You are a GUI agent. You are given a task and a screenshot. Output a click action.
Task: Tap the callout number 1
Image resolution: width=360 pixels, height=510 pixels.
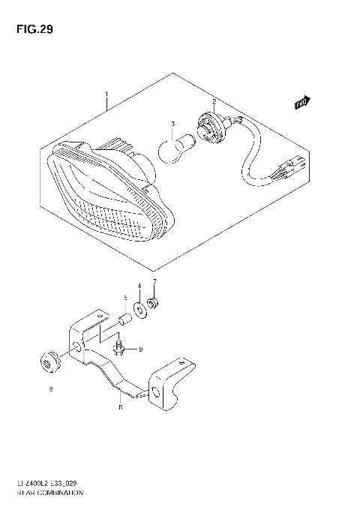(x=106, y=95)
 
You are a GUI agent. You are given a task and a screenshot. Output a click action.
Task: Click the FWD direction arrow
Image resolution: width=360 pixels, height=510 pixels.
(x=301, y=103)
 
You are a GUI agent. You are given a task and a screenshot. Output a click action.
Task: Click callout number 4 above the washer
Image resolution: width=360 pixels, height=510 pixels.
(x=139, y=286)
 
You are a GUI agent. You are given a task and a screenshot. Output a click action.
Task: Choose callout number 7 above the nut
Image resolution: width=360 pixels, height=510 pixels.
(x=154, y=282)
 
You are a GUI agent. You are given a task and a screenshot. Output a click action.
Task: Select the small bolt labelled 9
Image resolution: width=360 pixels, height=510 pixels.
(x=118, y=347)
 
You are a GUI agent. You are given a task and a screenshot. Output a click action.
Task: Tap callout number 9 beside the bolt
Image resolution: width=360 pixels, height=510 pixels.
(x=139, y=349)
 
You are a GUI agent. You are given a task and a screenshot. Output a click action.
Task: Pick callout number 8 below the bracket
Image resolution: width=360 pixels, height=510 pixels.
(x=120, y=408)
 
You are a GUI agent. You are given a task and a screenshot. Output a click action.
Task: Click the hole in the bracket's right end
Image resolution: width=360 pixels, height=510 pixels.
(x=155, y=394)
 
